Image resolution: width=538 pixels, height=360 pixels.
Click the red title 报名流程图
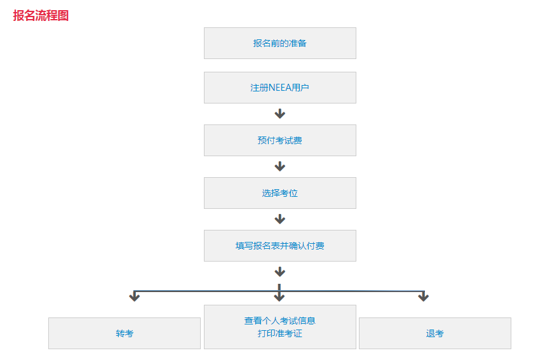tap(41, 15)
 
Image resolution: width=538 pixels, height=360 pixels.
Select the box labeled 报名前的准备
tap(280, 43)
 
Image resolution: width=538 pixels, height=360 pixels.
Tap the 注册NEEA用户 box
tap(280, 88)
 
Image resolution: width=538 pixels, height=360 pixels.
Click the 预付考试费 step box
tap(280, 140)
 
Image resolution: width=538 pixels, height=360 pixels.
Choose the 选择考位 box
tap(280, 193)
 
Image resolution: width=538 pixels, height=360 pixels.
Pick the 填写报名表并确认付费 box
tap(280, 246)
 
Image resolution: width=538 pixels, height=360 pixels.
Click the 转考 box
tap(124, 333)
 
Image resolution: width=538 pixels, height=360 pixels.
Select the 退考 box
tap(435, 333)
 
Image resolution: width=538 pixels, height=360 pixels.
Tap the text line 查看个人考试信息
tap(280, 321)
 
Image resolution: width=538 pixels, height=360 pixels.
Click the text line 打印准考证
tap(280, 333)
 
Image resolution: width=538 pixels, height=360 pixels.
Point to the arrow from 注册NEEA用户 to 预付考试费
tap(280, 114)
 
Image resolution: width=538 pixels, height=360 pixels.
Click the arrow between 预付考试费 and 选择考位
tap(280, 166)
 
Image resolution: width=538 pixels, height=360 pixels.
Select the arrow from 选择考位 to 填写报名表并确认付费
tap(280, 219)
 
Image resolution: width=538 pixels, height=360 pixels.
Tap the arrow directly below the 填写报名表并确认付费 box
tap(280, 272)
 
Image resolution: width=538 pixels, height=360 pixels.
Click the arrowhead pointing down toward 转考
tap(135, 297)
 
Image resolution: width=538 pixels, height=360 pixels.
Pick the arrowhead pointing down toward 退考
tap(424, 297)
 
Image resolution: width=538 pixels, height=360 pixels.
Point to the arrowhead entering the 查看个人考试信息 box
tap(279, 297)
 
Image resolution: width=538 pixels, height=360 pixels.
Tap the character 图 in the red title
tap(63, 15)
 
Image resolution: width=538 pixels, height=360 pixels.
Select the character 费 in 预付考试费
tap(298, 140)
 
